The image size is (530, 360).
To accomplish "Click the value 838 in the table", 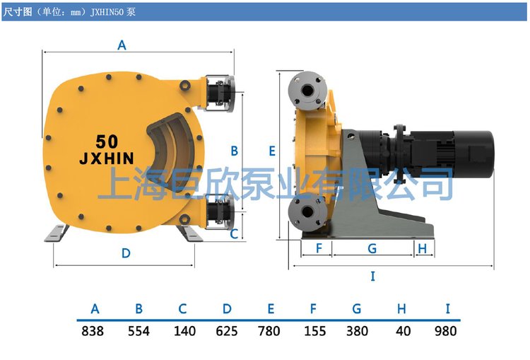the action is pyautogui.click(x=93, y=331).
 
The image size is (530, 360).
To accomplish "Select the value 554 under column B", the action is pyautogui.click(x=139, y=331).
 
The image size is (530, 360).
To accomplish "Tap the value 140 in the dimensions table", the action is pyautogui.click(x=184, y=331).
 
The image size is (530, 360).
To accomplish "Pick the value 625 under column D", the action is pyautogui.click(x=226, y=331).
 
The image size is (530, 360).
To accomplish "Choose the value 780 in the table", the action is pyautogui.click(x=269, y=331).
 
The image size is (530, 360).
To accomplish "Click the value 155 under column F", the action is pyautogui.click(x=315, y=331).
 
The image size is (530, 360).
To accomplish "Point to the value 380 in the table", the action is pyautogui.click(x=357, y=331).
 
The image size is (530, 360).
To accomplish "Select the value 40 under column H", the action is pyautogui.click(x=404, y=331).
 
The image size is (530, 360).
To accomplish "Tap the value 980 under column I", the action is pyautogui.click(x=445, y=331).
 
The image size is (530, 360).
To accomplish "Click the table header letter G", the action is pyautogui.click(x=357, y=309).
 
